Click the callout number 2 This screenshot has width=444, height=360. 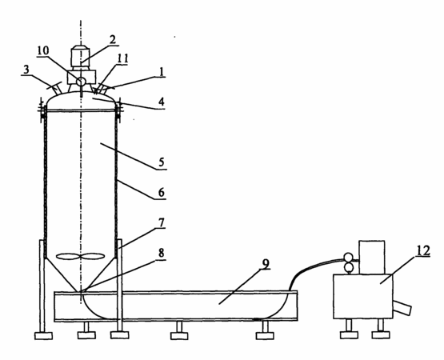[113, 40]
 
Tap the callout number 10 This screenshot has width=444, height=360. [42, 51]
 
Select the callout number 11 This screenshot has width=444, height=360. [122, 58]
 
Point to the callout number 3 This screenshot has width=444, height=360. [26, 70]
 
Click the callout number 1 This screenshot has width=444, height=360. [162, 72]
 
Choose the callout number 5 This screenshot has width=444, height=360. [161, 162]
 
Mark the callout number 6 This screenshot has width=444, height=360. [161, 192]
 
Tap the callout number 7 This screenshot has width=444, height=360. [161, 223]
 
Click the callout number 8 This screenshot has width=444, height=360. [161, 253]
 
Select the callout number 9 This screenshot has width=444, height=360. [266, 263]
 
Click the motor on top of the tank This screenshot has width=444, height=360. [81, 58]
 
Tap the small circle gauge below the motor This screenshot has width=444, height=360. [81, 82]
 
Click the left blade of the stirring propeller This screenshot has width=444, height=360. [68, 256]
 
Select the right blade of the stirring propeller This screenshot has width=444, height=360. [93, 256]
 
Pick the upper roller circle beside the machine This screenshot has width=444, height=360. [348, 258]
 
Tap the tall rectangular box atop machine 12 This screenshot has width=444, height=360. [372, 258]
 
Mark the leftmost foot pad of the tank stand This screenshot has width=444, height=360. [43, 336]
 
